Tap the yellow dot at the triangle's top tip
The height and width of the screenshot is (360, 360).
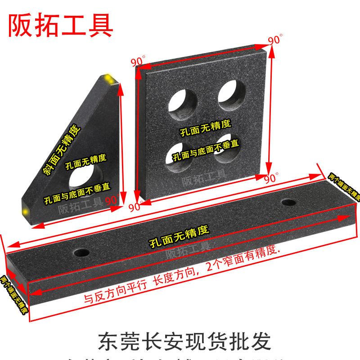[109, 80]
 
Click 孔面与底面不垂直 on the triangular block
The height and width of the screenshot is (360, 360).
[77, 193]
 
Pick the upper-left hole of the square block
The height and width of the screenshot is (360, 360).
[183, 99]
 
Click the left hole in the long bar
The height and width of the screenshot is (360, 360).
[82, 252]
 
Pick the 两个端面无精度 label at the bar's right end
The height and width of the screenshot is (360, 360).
[345, 186]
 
